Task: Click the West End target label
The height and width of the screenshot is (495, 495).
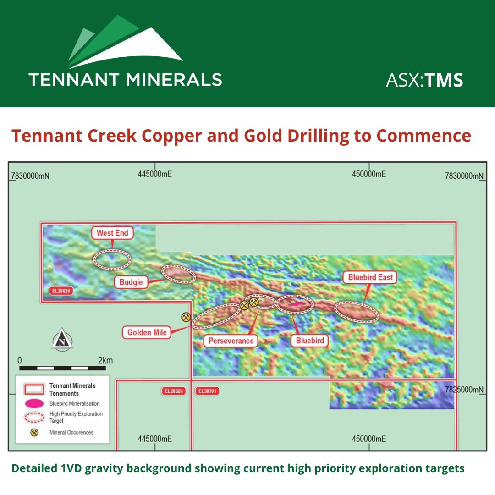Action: coord(112,233)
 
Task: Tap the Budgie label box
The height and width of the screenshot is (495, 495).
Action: coord(131,282)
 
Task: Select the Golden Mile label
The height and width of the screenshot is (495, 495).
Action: coord(147,332)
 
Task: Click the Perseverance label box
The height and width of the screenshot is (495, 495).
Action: coord(231,341)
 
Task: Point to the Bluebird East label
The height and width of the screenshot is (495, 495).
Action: coord(370,277)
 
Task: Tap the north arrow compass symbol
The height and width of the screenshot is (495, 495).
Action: coord(62,340)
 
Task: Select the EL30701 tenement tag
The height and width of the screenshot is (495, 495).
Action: coord(208,391)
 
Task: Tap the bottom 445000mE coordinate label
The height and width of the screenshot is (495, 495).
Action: coord(154,439)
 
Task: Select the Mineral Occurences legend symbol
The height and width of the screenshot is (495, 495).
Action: coord(34,432)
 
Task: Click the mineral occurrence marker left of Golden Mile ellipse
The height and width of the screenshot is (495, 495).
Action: coord(186,317)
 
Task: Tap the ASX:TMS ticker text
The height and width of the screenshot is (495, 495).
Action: coord(424,80)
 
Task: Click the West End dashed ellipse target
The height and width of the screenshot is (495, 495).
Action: coord(112,259)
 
